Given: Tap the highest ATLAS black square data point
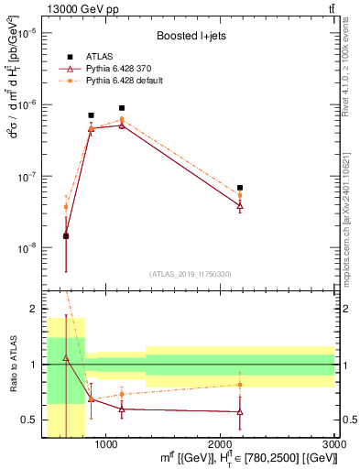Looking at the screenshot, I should pyautogui.click(x=122, y=108).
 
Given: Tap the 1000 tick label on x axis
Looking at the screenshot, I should pyautogui.click(x=106, y=443).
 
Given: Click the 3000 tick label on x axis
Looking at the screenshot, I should pyautogui.click(x=334, y=443).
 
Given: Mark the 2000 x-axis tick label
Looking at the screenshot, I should pyautogui.click(x=221, y=443).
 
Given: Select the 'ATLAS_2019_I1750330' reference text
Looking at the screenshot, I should pyautogui.click(x=191, y=274).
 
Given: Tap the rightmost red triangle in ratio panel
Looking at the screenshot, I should pyautogui.click(x=240, y=412).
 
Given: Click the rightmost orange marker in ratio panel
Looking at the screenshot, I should pyautogui.click(x=240, y=384).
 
